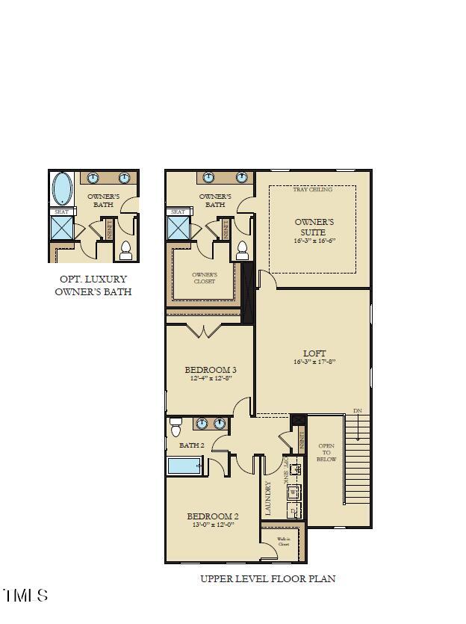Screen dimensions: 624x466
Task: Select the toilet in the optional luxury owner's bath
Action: pyautogui.click(x=125, y=250)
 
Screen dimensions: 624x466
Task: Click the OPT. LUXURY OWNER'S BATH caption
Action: pyautogui.click(x=93, y=285)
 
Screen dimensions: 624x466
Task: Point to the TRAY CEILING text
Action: pyautogui.click(x=314, y=190)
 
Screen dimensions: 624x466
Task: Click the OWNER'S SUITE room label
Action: pyautogui.click(x=314, y=227)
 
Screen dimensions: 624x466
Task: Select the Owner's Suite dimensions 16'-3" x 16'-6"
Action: pyautogui.click(x=314, y=241)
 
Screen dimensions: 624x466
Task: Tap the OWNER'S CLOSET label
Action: pyautogui.click(x=204, y=278)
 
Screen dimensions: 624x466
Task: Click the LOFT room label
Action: pyautogui.click(x=315, y=353)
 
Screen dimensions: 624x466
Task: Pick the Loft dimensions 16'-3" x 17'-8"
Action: pyautogui.click(x=315, y=362)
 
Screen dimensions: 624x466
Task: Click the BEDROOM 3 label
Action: pyautogui.click(x=211, y=370)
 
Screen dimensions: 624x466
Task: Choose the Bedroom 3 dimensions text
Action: pyautogui.click(x=211, y=379)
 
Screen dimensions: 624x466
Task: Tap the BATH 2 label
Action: pyautogui.click(x=191, y=445)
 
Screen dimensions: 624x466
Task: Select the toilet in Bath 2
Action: pyautogui.click(x=175, y=427)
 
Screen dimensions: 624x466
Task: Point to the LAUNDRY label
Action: pyautogui.click(x=268, y=498)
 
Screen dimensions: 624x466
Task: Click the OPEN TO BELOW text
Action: pyautogui.click(x=327, y=452)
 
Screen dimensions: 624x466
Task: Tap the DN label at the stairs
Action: pyautogui.click(x=358, y=411)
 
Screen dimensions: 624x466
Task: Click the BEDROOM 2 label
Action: pyautogui.click(x=212, y=516)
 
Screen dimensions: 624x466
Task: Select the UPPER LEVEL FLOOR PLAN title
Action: pyautogui.click(x=267, y=578)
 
